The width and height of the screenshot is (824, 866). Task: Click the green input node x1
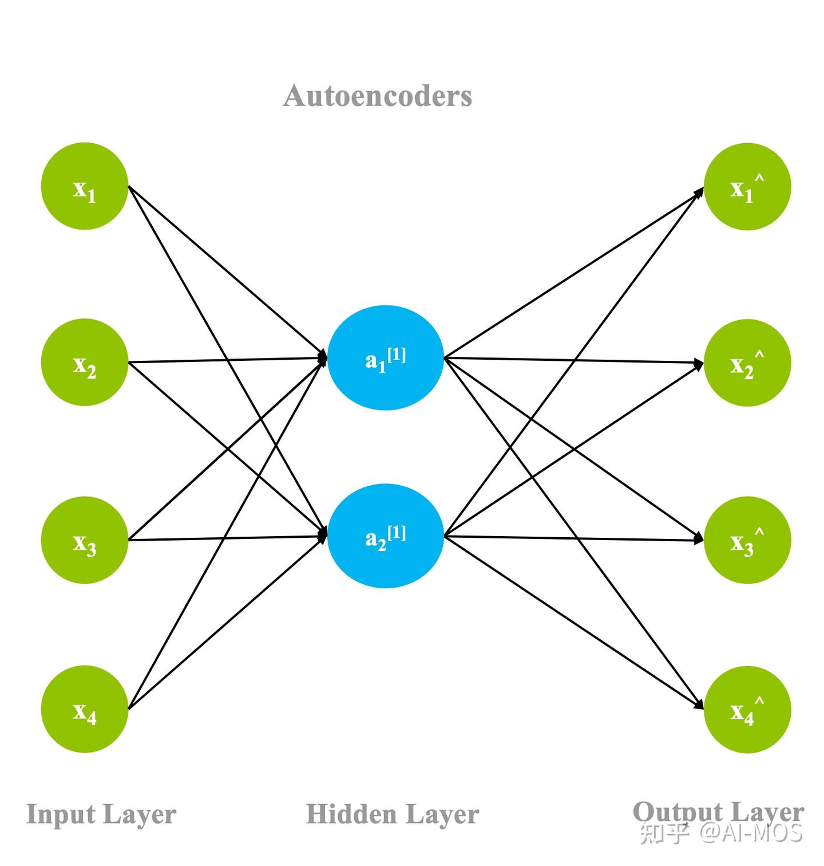tap(85, 186)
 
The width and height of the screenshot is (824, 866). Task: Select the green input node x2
tap(85, 363)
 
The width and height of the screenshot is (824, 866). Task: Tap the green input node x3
tap(85, 540)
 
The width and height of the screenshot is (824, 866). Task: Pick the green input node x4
tap(85, 709)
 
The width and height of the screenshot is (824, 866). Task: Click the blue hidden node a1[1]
tap(386, 358)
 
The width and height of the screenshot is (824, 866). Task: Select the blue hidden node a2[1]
tap(386, 536)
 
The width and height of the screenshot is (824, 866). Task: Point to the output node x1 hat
tap(747, 187)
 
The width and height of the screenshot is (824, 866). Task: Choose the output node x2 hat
tap(747, 363)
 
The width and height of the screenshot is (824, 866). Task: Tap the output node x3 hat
tap(747, 540)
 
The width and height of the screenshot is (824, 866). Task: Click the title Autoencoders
tap(378, 96)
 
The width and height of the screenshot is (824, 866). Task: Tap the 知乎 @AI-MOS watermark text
tap(721, 833)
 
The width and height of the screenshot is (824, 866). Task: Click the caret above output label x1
tap(759, 178)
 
